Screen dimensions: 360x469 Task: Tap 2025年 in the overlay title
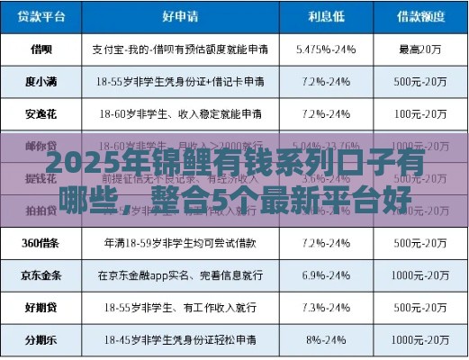click(x=85, y=166)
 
